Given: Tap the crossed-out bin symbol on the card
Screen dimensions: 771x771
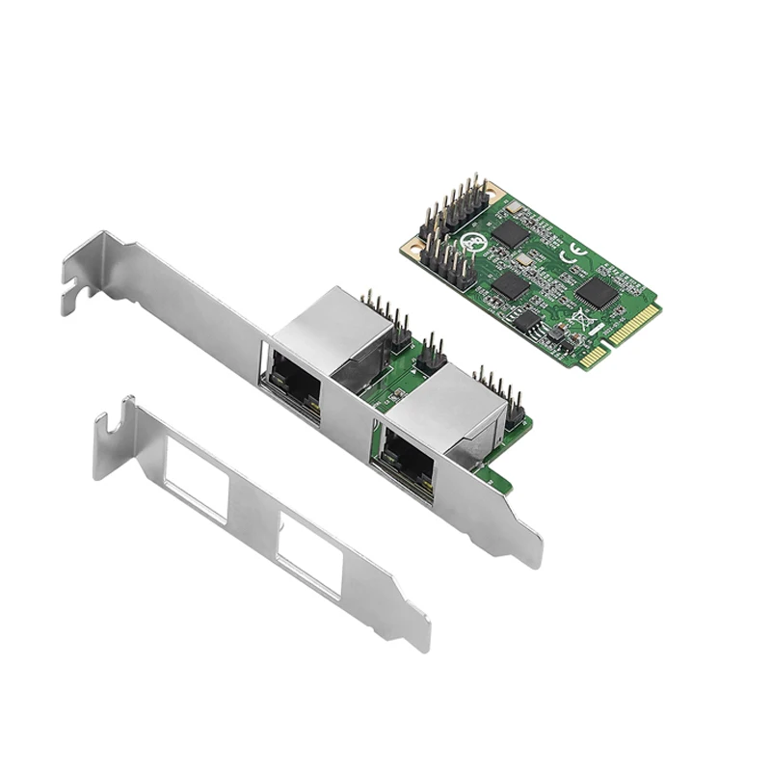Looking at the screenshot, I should [x=582, y=318].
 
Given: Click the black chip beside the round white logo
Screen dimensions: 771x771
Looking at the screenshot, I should [x=512, y=234].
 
